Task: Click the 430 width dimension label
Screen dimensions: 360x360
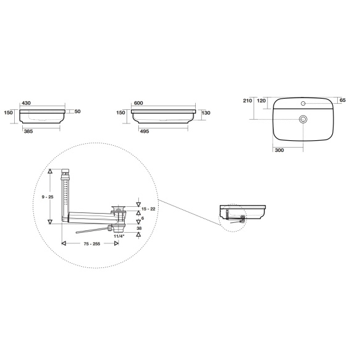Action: pos(26,103)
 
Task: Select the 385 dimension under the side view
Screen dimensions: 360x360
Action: pos(28,132)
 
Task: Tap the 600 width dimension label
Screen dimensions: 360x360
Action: pos(138,103)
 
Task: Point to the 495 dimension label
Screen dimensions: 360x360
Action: pos(144,132)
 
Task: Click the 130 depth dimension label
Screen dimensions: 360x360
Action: pos(206,113)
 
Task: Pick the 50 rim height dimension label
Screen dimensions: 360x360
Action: pos(78,112)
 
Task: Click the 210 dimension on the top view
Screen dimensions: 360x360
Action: pos(248,101)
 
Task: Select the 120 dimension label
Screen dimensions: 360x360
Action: pos(261,101)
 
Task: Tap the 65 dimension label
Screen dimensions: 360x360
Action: pos(343,100)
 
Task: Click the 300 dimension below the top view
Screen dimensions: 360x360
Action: pos(279,150)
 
